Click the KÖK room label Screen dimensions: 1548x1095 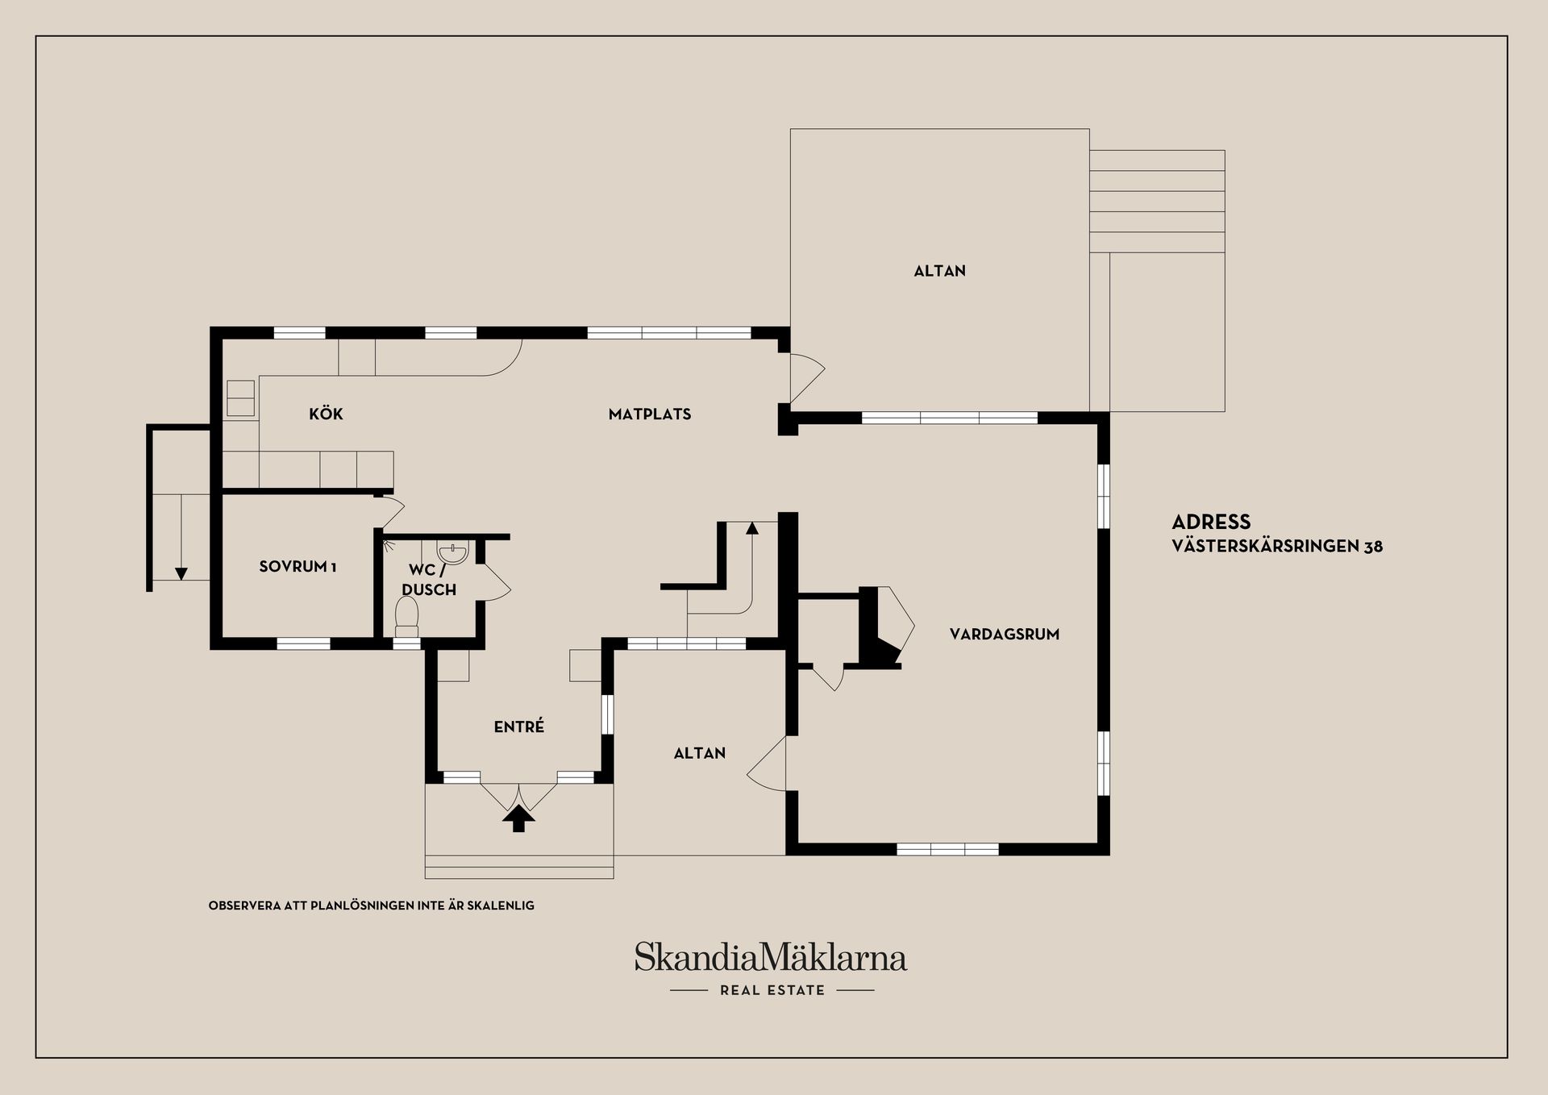coord(326,414)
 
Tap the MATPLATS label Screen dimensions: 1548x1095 coord(650,414)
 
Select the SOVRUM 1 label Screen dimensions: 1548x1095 coord(298,567)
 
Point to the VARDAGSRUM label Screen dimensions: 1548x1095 coord(1005,635)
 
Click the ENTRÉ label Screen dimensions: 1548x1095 coord(519,727)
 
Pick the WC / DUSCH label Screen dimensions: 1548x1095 coord(429,580)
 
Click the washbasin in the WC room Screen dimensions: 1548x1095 coord(452,552)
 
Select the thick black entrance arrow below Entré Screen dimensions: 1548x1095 coord(518,819)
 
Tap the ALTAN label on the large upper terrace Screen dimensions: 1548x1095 coord(939,271)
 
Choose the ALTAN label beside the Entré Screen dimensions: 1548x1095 coord(700,753)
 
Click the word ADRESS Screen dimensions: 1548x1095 coord(1211,522)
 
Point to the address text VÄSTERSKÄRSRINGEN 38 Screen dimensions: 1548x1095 coord(1277,547)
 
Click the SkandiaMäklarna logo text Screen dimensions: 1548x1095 coord(771,957)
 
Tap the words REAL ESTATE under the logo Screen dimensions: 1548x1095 coord(772,990)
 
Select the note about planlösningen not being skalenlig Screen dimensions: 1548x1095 coord(372,906)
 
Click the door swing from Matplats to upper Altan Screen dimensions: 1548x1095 coord(807,378)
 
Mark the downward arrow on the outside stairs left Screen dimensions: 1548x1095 coord(181,537)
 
